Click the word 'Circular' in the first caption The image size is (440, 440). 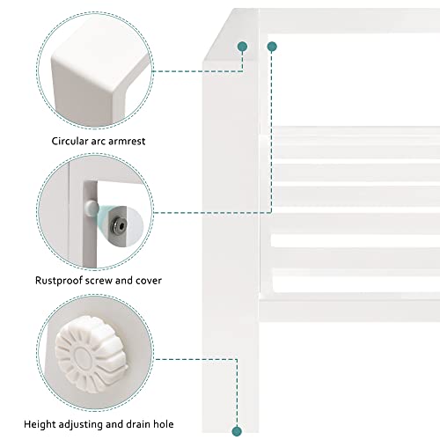click(x=70, y=141)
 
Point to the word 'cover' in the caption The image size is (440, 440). click(x=149, y=281)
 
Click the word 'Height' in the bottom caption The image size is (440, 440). click(x=40, y=424)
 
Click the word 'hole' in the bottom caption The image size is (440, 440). click(x=163, y=424)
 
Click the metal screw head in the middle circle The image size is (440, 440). click(x=119, y=225)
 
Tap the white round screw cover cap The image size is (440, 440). click(x=92, y=208)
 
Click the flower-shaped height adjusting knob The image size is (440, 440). click(x=91, y=354)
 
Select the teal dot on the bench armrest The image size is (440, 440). click(x=243, y=47)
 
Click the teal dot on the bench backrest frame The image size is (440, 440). click(x=272, y=47)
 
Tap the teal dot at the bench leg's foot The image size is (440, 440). click(x=237, y=431)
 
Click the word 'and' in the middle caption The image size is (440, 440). click(x=124, y=281)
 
